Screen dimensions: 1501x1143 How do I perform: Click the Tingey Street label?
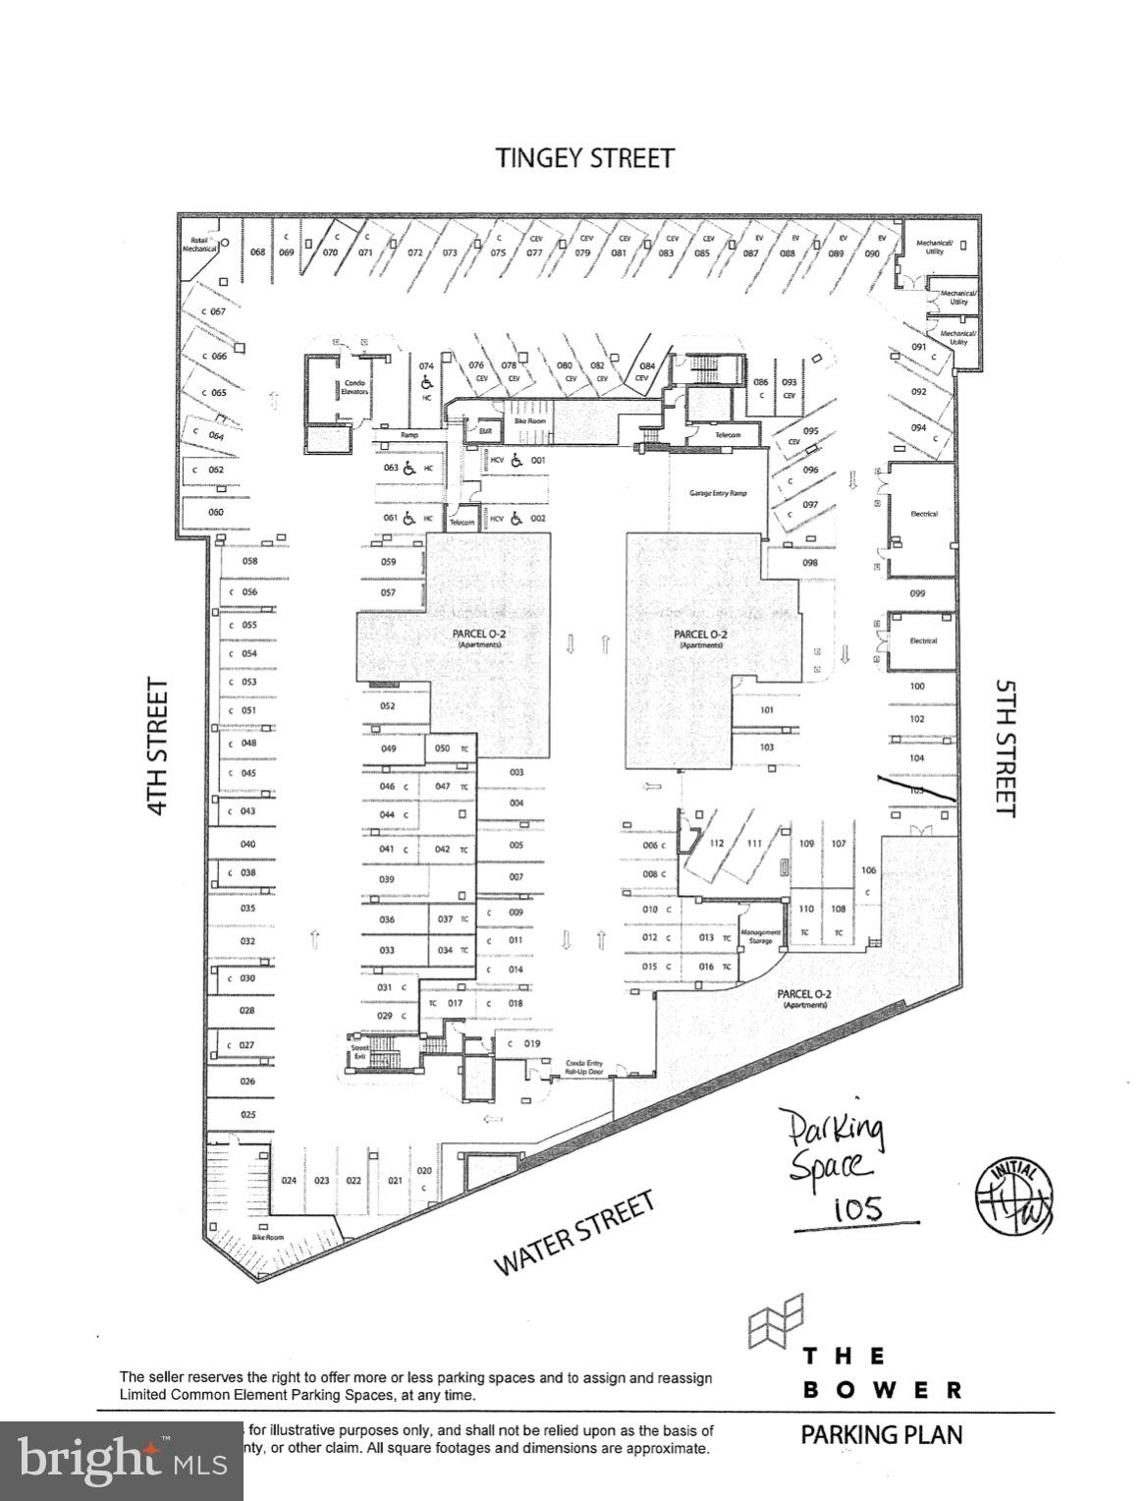click(x=585, y=158)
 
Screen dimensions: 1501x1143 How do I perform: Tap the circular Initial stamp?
click(x=1014, y=1195)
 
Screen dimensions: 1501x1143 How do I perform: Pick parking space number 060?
click(x=216, y=512)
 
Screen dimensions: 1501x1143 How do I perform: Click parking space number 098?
click(x=810, y=563)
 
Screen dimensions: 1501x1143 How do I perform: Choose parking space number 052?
click(x=388, y=706)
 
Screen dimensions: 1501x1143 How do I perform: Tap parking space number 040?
click(x=247, y=844)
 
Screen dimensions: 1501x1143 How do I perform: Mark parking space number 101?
click(x=767, y=709)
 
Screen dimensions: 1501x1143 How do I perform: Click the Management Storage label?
click(x=760, y=937)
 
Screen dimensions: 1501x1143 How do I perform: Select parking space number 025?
click(x=247, y=1115)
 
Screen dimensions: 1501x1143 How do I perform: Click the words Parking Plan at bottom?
click(x=881, y=1434)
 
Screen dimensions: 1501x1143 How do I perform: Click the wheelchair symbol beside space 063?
click(x=408, y=469)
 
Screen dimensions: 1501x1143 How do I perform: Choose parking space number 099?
click(x=917, y=593)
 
